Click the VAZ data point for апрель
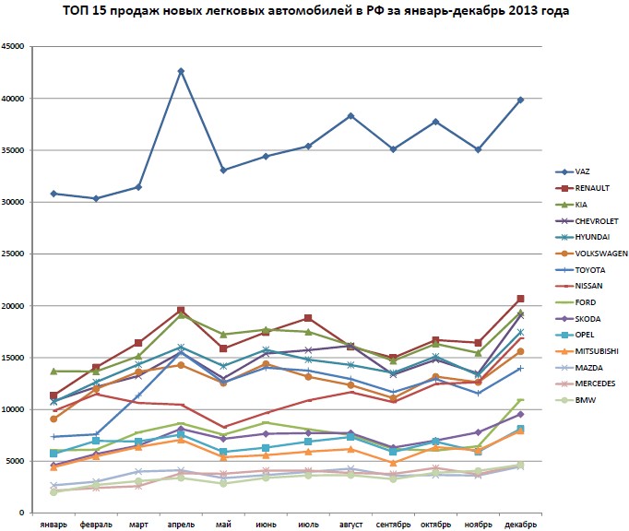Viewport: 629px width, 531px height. pyautogui.click(x=181, y=71)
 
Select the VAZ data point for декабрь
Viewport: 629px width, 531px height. pyautogui.click(x=520, y=100)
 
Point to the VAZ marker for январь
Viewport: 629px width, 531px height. pyautogui.click(x=53, y=194)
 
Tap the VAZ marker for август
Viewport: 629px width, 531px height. pyautogui.click(x=350, y=115)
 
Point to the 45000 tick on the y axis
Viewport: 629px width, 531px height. pyautogui.click(x=14, y=47)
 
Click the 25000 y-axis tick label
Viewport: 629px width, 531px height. pyautogui.click(x=14, y=254)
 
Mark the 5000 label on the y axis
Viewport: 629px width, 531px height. pyautogui.click(x=17, y=461)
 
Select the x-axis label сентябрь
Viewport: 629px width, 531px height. pyautogui.click(x=393, y=525)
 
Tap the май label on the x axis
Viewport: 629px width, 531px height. pyautogui.click(x=223, y=525)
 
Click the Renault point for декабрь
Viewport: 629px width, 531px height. pyautogui.click(x=520, y=299)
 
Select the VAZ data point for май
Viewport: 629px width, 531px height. pyautogui.click(x=223, y=170)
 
